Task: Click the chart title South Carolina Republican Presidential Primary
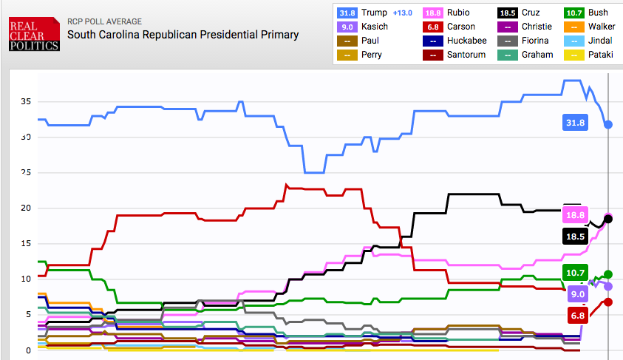(x=183, y=34)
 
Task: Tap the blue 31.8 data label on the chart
(x=575, y=123)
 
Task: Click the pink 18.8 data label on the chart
(x=575, y=215)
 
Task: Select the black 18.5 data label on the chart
(x=575, y=237)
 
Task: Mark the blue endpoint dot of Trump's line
(x=608, y=124)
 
